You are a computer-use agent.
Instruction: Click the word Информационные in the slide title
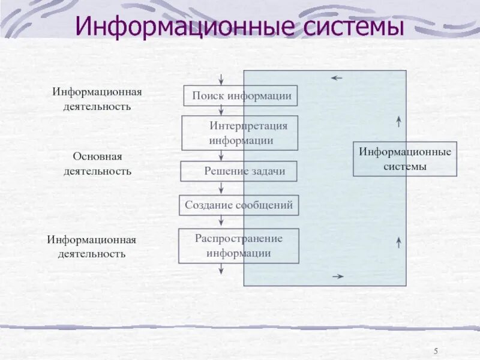(175, 27)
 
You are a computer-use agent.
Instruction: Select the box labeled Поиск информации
(241, 96)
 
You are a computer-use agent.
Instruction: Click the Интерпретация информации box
(240, 133)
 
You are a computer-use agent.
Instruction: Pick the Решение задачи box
(239, 172)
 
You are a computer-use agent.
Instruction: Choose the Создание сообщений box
(239, 205)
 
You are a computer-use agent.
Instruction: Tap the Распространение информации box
(238, 245)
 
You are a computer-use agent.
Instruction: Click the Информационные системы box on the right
(405, 159)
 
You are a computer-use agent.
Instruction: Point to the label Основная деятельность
(97, 163)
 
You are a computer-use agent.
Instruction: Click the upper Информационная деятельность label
(97, 99)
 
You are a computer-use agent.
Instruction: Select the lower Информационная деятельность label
(92, 246)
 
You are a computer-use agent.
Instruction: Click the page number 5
(435, 351)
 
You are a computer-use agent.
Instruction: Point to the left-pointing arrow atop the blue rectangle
(337, 78)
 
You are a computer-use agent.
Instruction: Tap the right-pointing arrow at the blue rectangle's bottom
(338, 276)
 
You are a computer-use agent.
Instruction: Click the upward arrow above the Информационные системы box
(399, 122)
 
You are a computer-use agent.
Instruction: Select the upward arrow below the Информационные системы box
(399, 242)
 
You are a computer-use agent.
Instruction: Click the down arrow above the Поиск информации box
(221, 79)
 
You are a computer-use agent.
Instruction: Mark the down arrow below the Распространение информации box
(221, 269)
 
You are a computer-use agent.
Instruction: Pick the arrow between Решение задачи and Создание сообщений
(221, 188)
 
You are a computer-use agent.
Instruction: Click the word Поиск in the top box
(208, 96)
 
